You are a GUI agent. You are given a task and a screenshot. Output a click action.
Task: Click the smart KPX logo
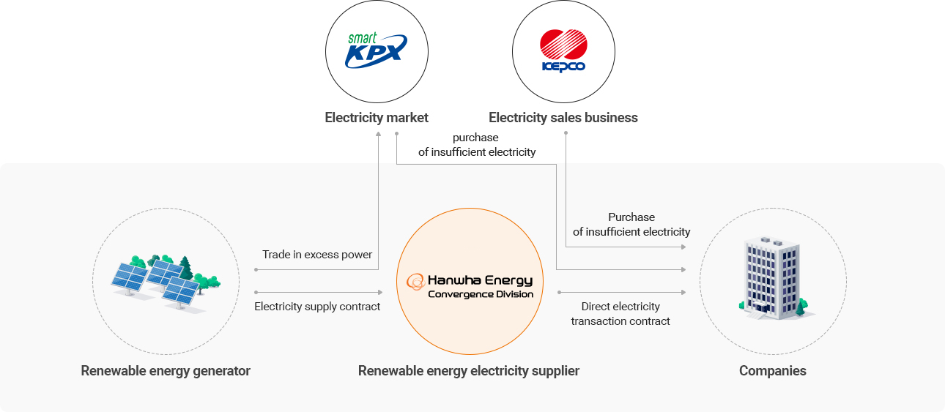click(x=376, y=50)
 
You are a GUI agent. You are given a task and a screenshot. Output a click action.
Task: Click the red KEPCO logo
click(x=563, y=50)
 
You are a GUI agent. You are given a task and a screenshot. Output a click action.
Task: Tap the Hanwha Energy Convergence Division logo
click(x=470, y=286)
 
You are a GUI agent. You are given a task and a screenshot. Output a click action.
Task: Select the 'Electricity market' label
click(x=377, y=118)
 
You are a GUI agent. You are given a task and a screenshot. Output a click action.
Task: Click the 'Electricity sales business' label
click(x=563, y=118)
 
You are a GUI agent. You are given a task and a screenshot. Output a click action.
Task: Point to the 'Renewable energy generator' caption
click(x=166, y=371)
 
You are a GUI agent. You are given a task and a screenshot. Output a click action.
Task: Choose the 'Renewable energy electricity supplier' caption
click(x=469, y=371)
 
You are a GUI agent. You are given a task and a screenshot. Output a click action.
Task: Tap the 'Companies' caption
click(x=772, y=371)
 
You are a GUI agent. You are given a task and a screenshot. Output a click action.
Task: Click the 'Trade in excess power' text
click(x=317, y=255)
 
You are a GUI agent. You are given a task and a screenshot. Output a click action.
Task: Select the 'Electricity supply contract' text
click(x=317, y=307)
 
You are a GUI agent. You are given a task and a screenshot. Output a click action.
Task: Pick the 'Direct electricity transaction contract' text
click(x=620, y=314)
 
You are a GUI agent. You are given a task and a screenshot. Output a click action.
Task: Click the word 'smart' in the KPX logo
click(x=362, y=38)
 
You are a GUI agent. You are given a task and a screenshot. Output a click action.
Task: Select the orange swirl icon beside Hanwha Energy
click(x=415, y=281)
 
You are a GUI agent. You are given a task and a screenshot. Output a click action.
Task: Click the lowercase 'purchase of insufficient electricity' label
click(x=476, y=145)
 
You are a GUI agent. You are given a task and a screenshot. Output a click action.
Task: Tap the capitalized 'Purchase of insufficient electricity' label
click(x=631, y=225)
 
